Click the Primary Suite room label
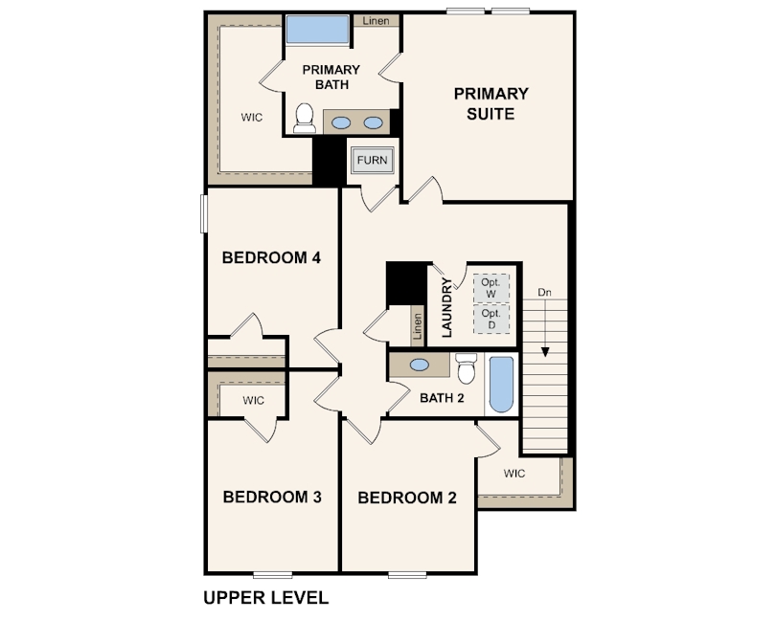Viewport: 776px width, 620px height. [491, 104]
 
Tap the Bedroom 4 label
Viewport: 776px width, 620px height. [271, 257]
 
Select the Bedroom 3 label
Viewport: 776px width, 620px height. [272, 497]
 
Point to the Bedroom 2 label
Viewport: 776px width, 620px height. [407, 498]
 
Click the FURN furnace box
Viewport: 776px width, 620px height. [372, 161]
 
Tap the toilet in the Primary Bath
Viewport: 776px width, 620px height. [305, 119]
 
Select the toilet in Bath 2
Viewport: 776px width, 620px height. [467, 367]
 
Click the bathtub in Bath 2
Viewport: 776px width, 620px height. [501, 385]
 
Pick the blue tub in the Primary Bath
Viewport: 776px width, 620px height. [317, 30]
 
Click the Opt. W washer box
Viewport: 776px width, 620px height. [491, 288]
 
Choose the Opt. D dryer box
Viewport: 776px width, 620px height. [491, 319]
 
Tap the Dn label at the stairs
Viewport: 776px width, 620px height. [544, 292]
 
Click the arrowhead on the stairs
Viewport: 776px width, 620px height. [545, 352]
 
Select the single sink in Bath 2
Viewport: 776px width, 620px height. [420, 365]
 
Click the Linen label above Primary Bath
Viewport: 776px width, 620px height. [376, 21]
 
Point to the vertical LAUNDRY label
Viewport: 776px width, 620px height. [446, 307]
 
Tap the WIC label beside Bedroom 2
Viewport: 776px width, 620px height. [514, 474]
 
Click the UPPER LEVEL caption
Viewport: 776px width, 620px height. [266, 598]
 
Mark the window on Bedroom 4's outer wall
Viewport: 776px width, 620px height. [203, 213]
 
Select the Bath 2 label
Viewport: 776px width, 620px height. [442, 398]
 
